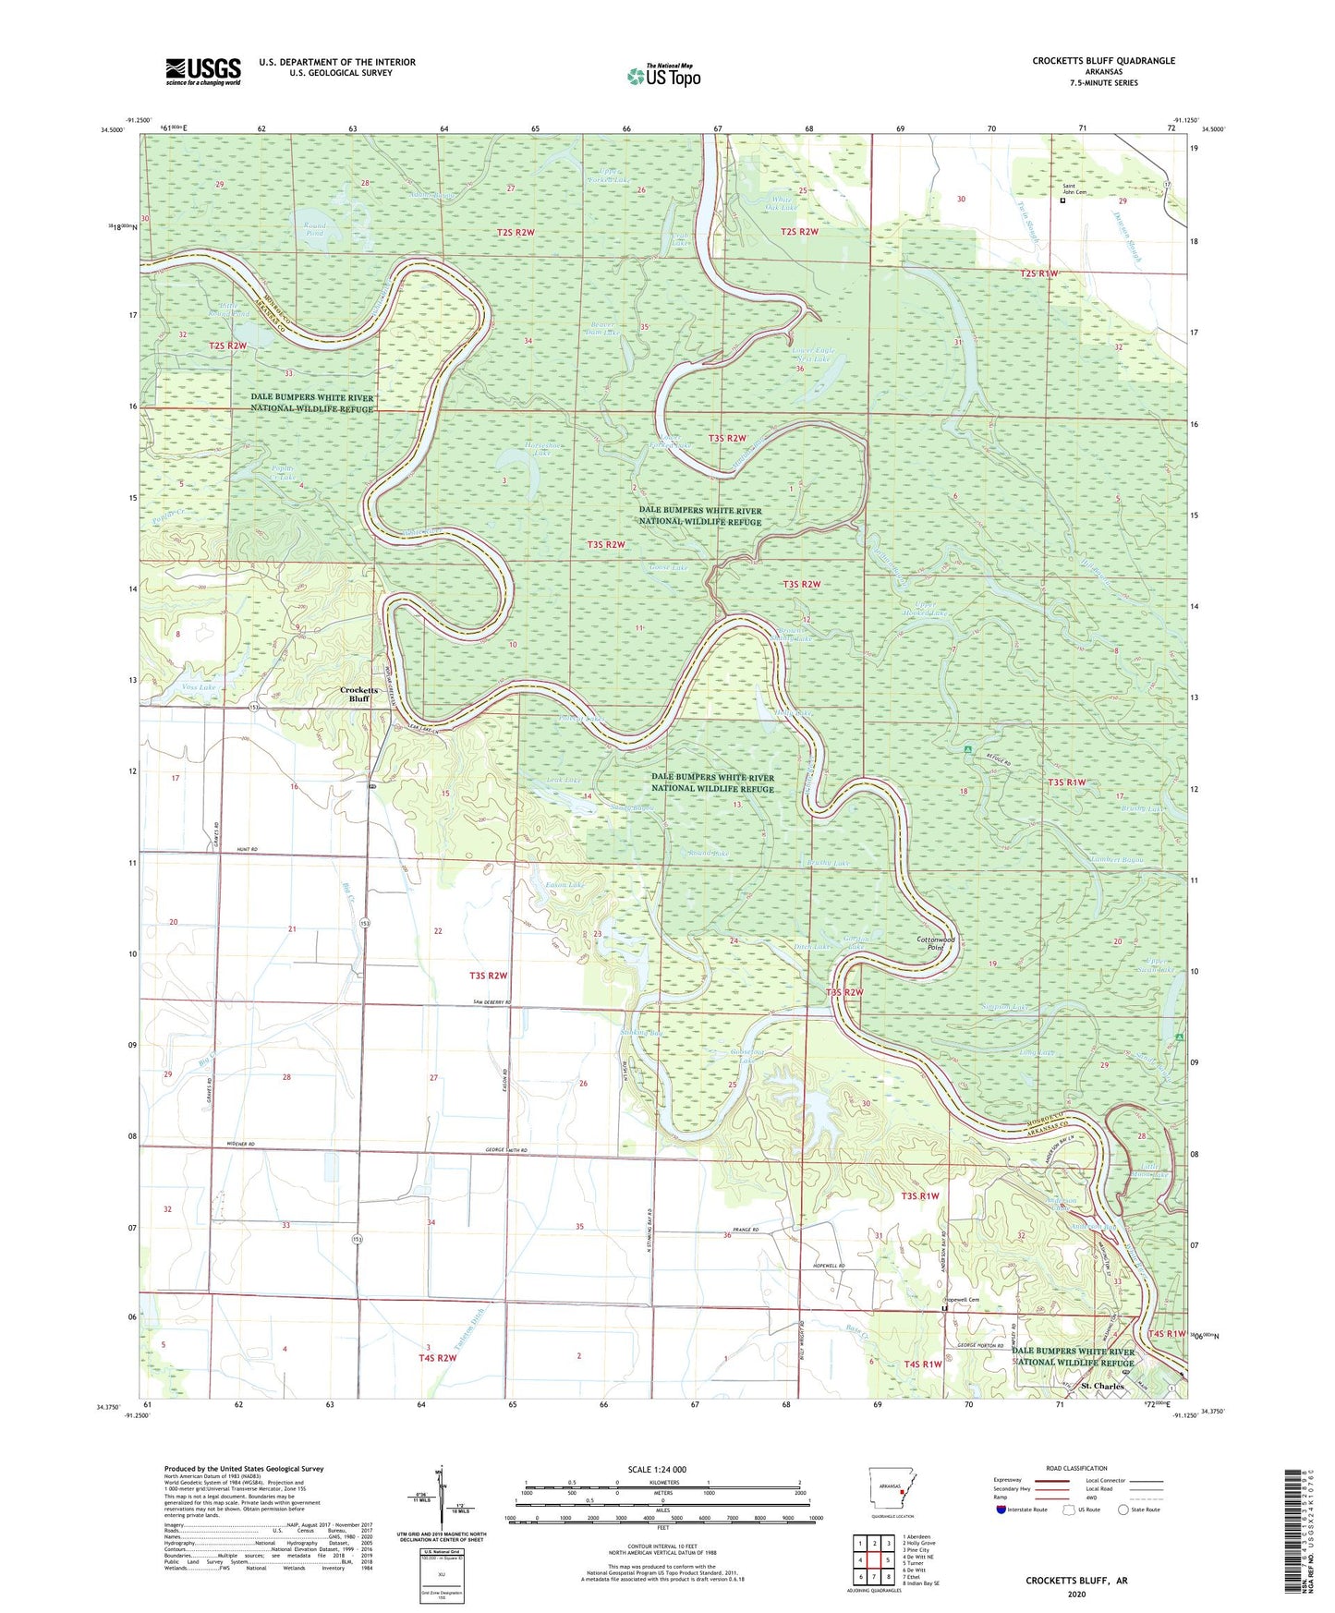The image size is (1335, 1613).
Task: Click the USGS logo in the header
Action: pyautogui.click(x=202, y=71)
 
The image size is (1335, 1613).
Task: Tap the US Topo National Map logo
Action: pyautogui.click(x=663, y=76)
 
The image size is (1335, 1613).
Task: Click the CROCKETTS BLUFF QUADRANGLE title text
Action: pyautogui.click(x=1103, y=61)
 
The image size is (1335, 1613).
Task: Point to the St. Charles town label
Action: pyautogui.click(x=1102, y=1386)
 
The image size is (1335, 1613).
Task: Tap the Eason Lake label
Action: pyautogui.click(x=564, y=885)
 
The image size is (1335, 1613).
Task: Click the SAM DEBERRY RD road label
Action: pyautogui.click(x=492, y=1002)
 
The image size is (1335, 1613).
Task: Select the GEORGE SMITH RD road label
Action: pyautogui.click(x=505, y=1149)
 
